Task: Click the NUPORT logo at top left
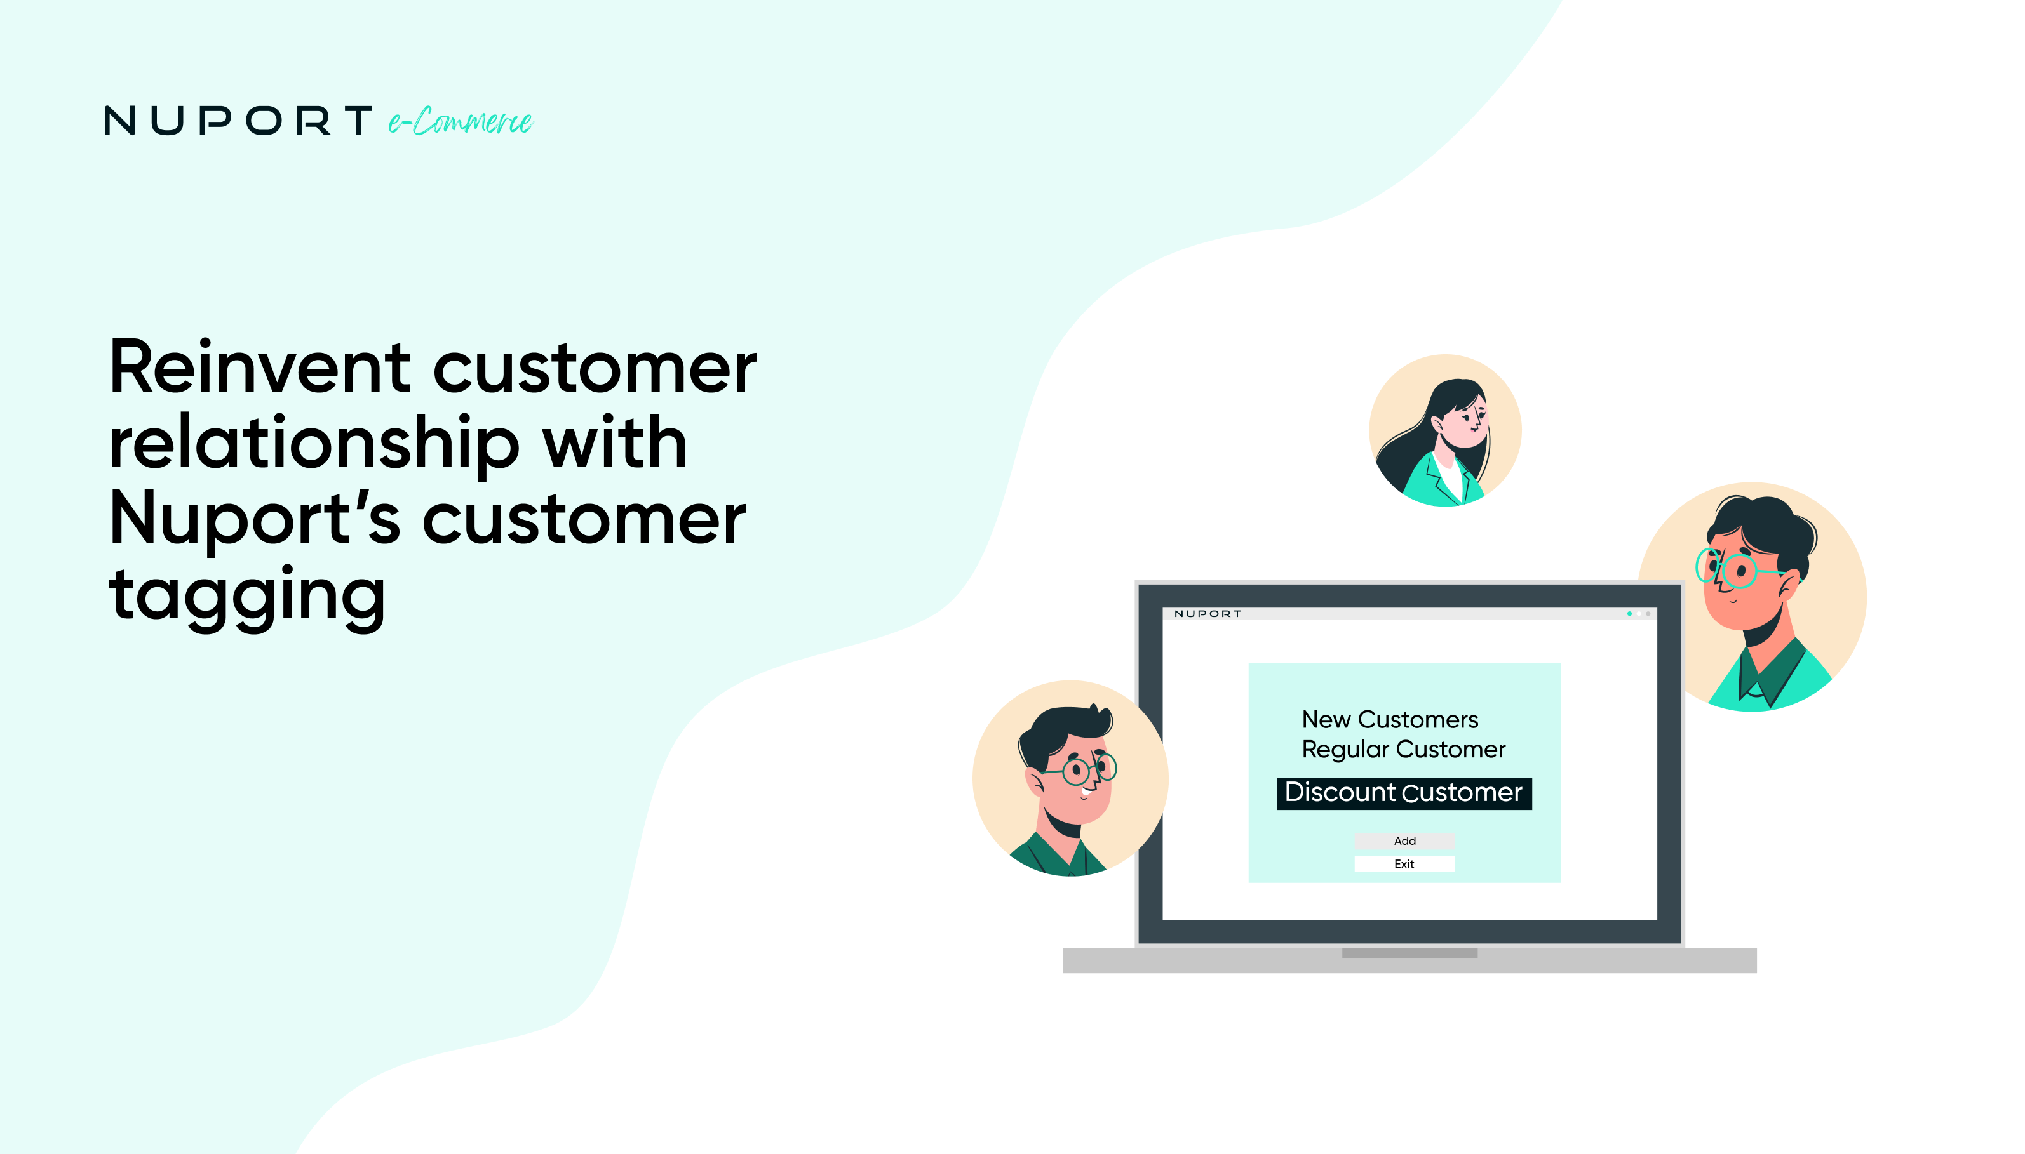238,121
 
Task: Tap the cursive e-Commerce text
460,121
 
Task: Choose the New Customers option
1389,720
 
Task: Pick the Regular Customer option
1403,749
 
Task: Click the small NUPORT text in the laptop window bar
1207,613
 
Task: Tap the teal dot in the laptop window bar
1629,613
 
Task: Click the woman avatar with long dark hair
1444,430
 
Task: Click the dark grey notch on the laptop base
1409,953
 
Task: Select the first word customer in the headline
595,369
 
